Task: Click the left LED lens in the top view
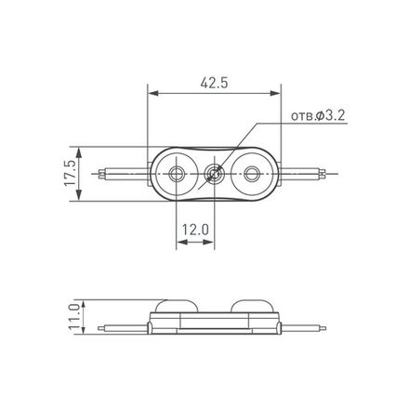[x=176, y=173]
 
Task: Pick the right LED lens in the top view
[x=251, y=173]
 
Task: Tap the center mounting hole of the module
[x=214, y=173]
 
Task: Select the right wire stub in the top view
[x=307, y=173]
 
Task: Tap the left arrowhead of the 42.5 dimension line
[x=152, y=93]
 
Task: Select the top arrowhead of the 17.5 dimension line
[x=79, y=150]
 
